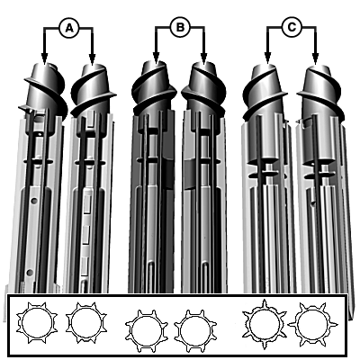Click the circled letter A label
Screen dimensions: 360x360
[x=69, y=28]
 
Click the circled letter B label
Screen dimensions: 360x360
[x=180, y=28]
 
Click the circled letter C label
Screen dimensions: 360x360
[x=292, y=28]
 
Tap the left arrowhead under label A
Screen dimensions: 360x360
[x=44, y=58]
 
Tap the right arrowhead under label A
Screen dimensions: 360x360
[x=92, y=58]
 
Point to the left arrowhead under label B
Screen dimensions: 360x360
[x=156, y=58]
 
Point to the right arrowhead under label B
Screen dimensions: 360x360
[x=204, y=58]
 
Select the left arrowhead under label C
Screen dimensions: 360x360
[x=267, y=58]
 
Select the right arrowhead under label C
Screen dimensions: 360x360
[x=315, y=58]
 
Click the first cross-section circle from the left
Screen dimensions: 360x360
[x=37, y=323]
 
